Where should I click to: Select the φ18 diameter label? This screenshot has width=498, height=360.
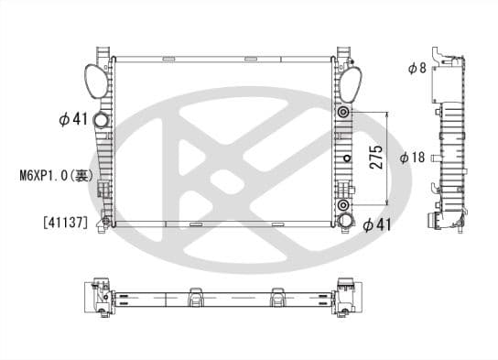412,158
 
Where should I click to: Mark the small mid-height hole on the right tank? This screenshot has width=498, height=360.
345,158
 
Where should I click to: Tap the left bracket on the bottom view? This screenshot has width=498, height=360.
194,299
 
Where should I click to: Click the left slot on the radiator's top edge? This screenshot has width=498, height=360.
168,60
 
